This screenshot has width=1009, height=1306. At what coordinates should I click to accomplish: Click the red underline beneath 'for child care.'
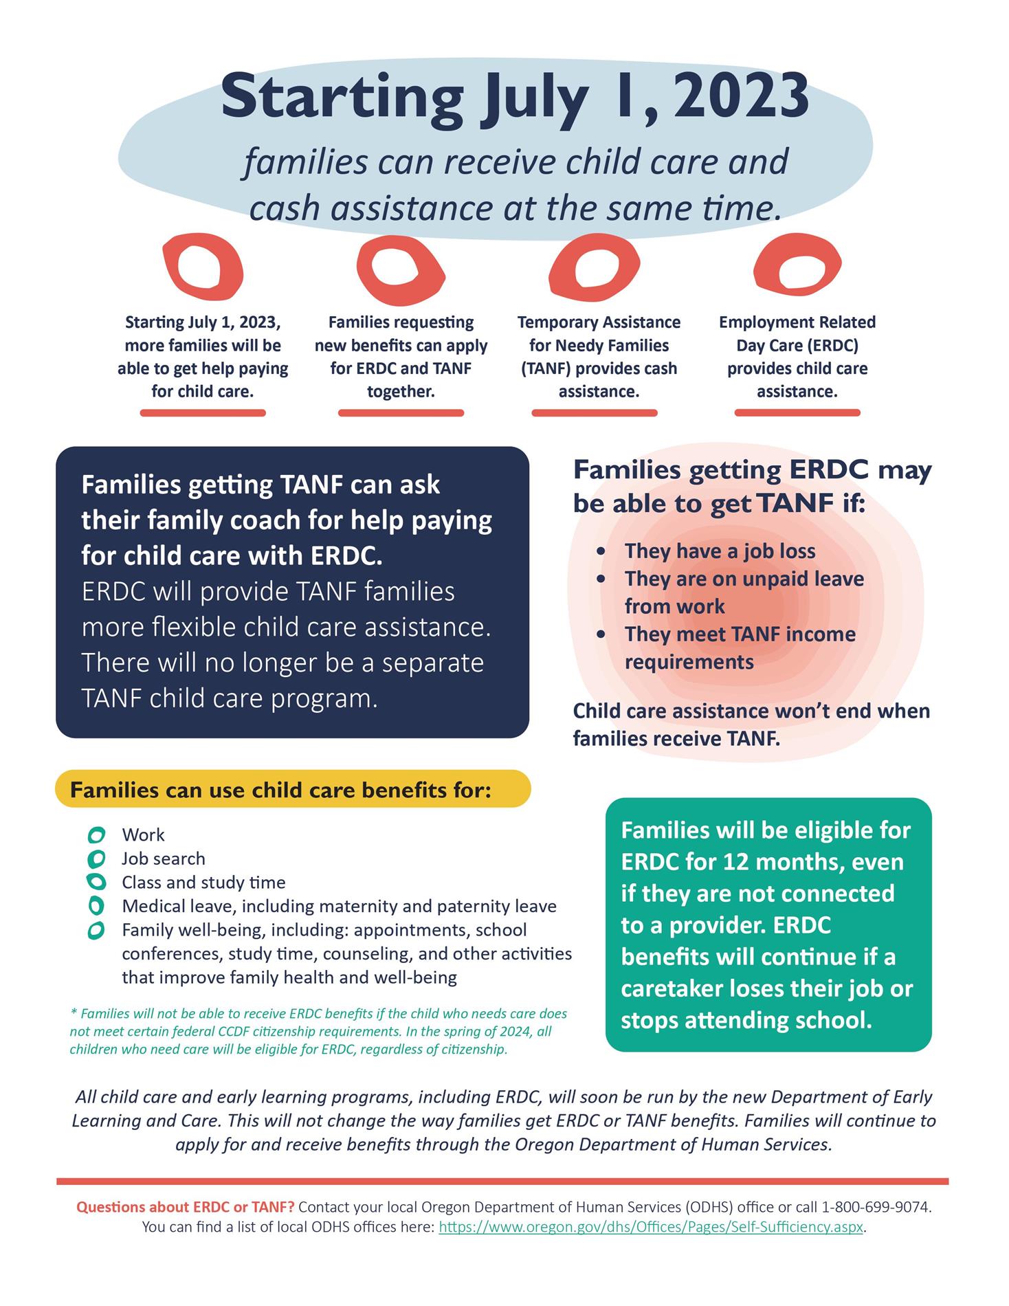pos(203,413)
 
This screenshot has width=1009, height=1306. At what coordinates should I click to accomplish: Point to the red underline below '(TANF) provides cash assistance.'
pos(595,413)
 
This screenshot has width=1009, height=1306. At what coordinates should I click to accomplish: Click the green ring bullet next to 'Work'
pos(96,835)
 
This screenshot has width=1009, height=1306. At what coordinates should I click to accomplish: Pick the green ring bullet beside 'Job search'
pos(96,859)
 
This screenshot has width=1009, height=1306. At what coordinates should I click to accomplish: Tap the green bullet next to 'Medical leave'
pos(96,906)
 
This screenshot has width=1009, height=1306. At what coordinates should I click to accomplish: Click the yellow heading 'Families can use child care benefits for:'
pos(281,790)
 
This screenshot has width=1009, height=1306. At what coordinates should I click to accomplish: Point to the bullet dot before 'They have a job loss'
pos(602,551)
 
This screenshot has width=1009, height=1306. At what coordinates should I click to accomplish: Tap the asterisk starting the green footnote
pos(74,1012)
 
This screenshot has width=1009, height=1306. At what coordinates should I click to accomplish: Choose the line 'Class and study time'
pos(203,882)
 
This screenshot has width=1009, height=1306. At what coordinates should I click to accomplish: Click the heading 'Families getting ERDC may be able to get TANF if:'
pos(752,487)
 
